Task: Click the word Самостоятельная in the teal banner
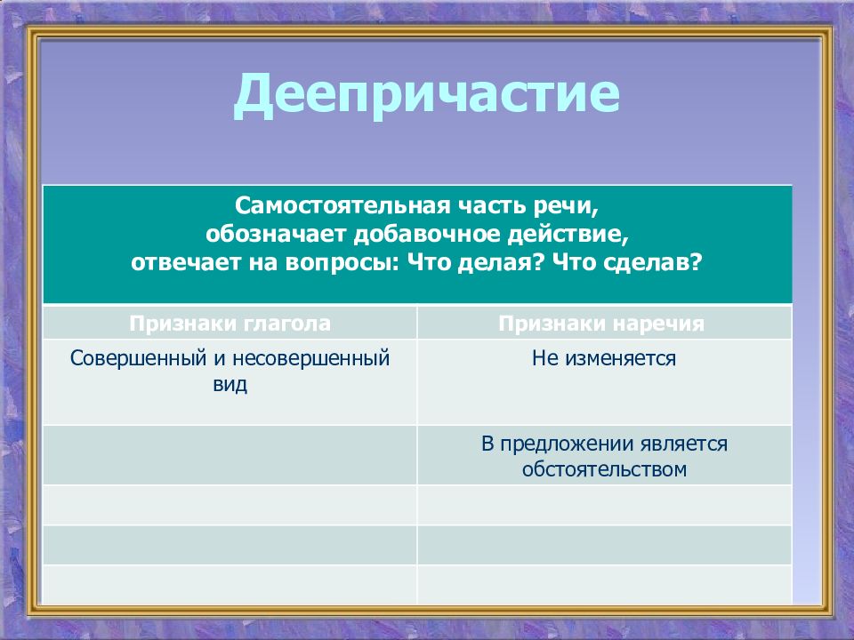[x=343, y=205]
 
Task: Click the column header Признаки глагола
[x=230, y=324]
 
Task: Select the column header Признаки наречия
[x=601, y=324]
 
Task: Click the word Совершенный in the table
[x=139, y=358]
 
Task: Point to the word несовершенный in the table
[x=311, y=358]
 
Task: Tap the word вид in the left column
[x=230, y=384]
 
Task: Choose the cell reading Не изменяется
[x=604, y=358]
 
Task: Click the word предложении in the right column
[x=567, y=444]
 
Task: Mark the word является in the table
[x=684, y=444]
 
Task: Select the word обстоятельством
[x=604, y=469]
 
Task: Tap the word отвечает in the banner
[x=186, y=263]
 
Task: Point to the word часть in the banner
[x=492, y=206]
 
